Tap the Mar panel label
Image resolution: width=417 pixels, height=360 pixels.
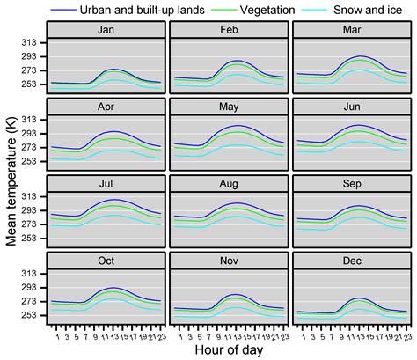[352, 29]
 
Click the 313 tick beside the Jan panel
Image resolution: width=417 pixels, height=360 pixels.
[31, 42]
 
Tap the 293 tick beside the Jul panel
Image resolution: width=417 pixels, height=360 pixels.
[31, 211]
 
